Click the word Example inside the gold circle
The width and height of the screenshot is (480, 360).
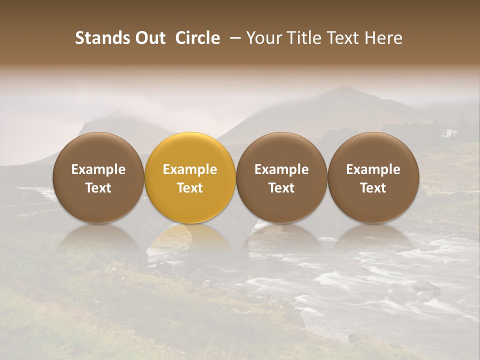[x=190, y=169]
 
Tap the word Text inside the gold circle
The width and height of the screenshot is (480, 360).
[x=190, y=188]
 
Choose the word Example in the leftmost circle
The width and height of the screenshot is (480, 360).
[x=98, y=169]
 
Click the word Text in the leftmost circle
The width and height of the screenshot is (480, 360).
[x=98, y=188]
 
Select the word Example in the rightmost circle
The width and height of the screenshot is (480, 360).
[x=373, y=169]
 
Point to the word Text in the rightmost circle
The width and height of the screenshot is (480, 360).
[x=373, y=188]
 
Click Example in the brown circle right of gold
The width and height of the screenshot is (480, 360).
[x=281, y=169]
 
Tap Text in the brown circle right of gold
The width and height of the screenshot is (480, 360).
[x=281, y=188]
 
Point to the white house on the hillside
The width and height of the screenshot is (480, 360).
[x=450, y=133]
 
